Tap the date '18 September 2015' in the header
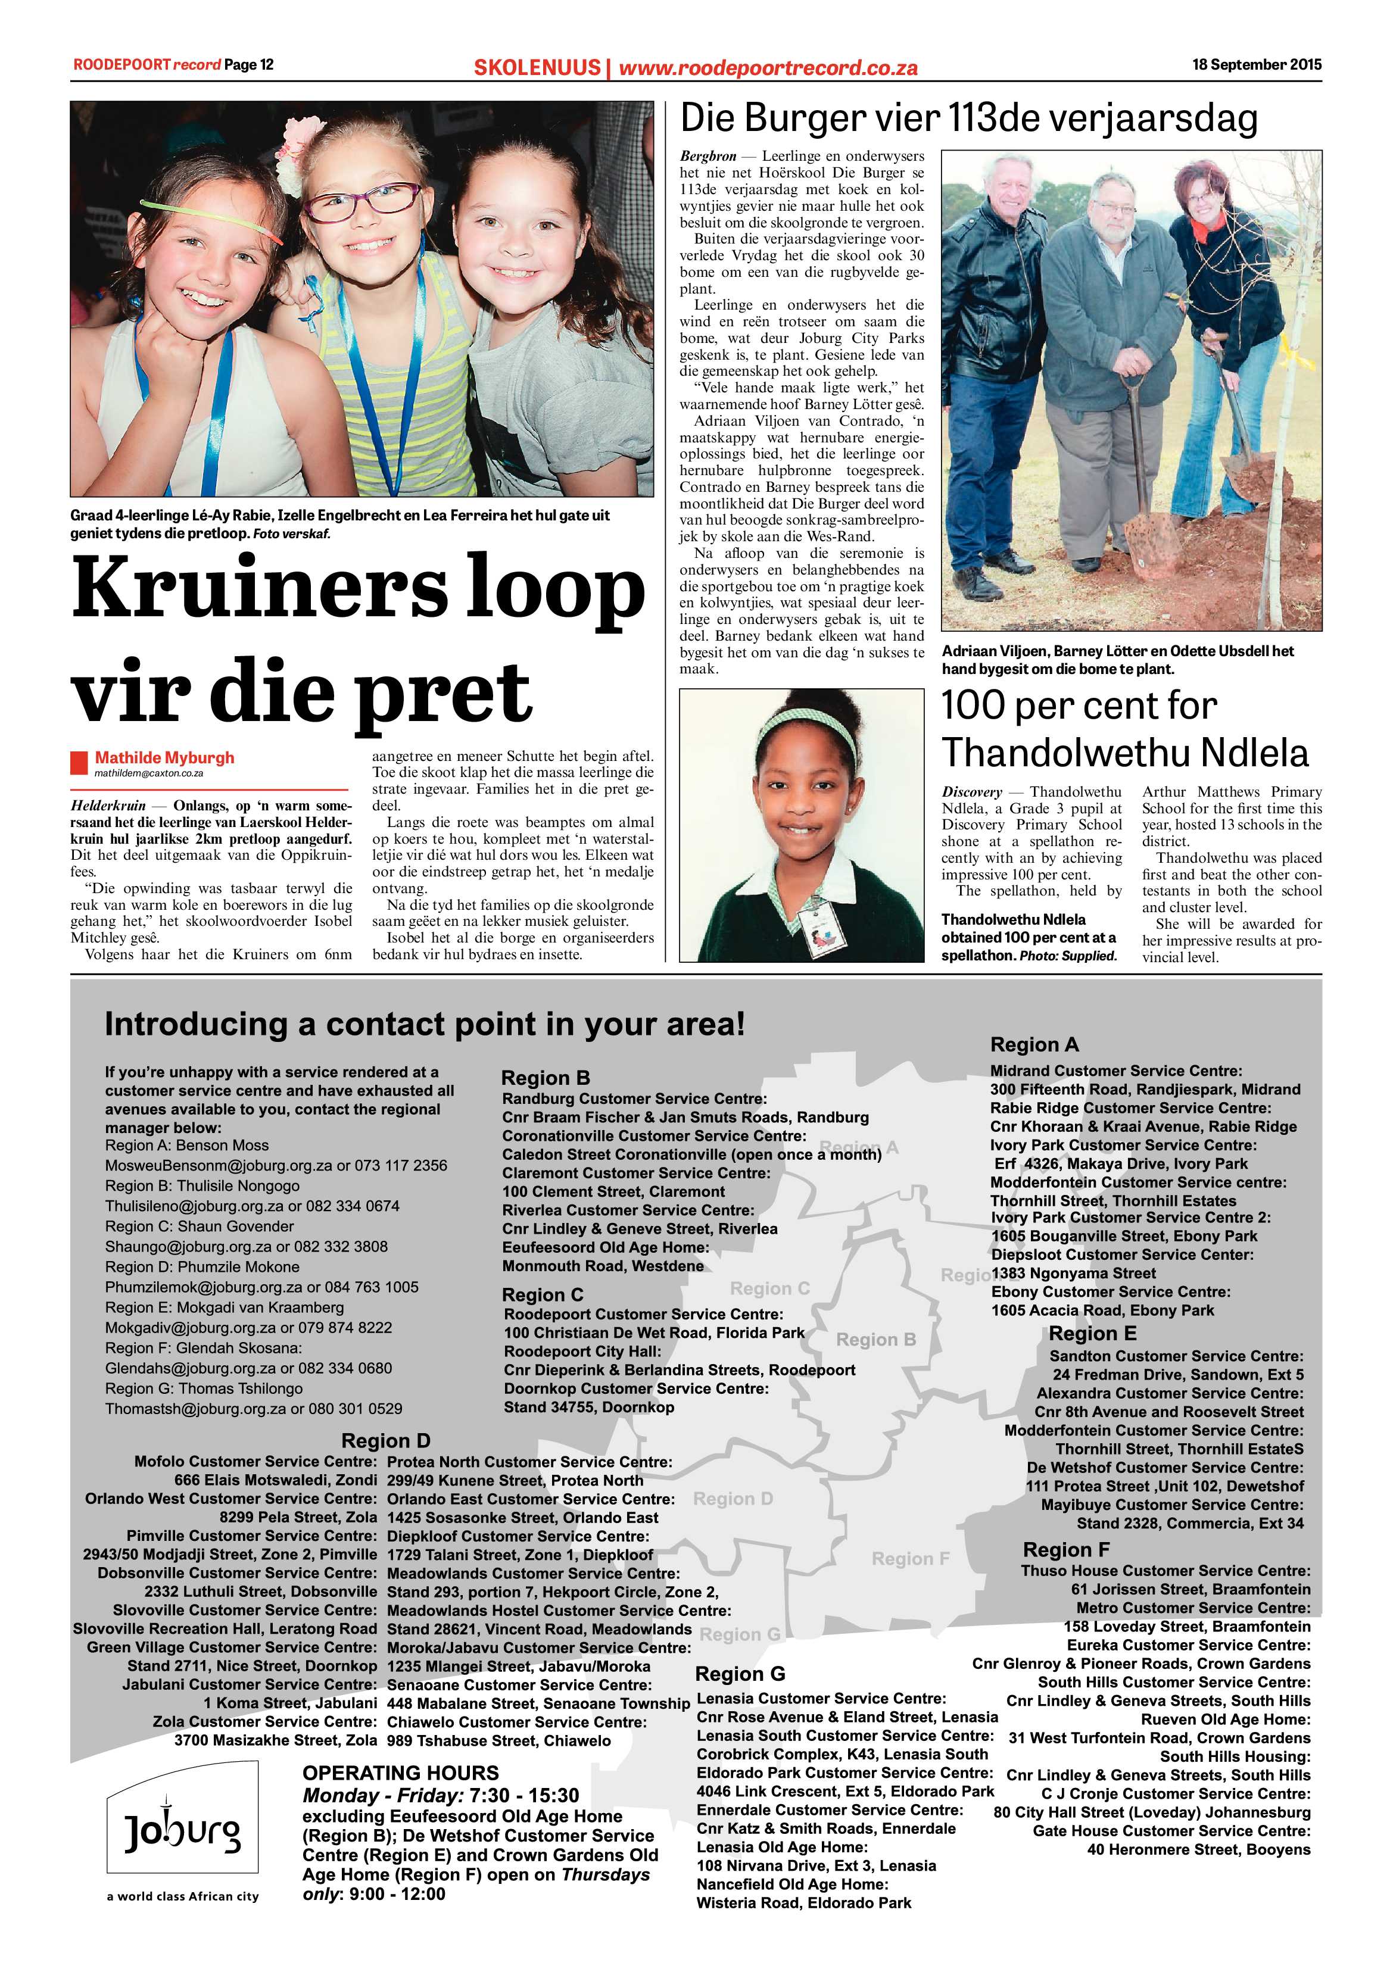pyautogui.click(x=1257, y=64)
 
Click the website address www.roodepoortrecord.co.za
pyautogui.click(x=768, y=68)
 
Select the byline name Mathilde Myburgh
pyautogui.click(x=164, y=757)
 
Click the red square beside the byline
pyautogui.click(x=79, y=762)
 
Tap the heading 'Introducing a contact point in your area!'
pyautogui.click(x=425, y=1024)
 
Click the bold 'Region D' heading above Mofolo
pyautogui.click(x=385, y=1441)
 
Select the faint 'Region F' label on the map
pyautogui.click(x=910, y=1558)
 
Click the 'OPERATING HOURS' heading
pyautogui.click(x=401, y=1773)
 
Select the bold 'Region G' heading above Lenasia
pyautogui.click(x=740, y=1674)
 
